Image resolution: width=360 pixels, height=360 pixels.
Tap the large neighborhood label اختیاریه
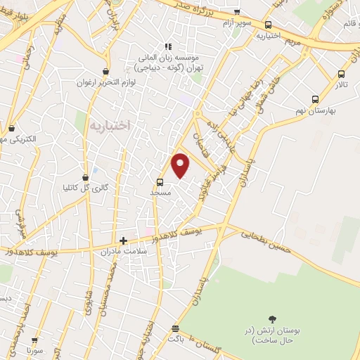(111, 125)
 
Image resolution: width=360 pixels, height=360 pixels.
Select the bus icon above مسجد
(160, 181)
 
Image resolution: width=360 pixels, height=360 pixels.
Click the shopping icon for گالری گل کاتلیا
(86, 176)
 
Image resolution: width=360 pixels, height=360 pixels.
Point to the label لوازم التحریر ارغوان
(105, 82)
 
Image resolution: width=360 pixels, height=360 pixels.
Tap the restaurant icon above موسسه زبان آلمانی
(168, 46)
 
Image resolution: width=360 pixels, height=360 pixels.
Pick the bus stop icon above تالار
(342, 74)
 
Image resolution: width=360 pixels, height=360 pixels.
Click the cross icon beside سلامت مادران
(124, 240)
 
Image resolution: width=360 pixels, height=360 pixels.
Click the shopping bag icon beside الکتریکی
(12, 128)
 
